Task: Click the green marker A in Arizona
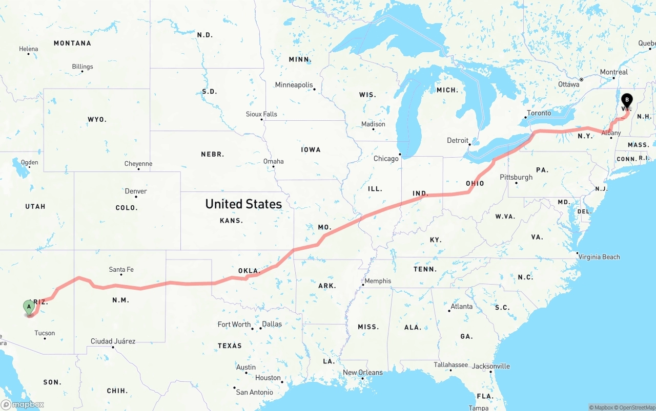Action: [x=29, y=307]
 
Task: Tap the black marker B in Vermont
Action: [x=626, y=100]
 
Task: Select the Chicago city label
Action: [x=386, y=159]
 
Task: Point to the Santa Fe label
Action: [x=121, y=270]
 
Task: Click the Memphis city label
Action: [x=378, y=281]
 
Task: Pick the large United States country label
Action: [x=243, y=204]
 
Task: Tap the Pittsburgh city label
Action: [x=516, y=177]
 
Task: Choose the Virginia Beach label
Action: [x=599, y=257]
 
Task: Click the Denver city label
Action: [x=136, y=191]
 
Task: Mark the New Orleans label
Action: [x=363, y=373]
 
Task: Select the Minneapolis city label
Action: [x=294, y=85]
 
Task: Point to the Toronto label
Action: [x=539, y=113]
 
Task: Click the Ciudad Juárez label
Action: [x=113, y=341]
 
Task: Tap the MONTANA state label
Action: [x=72, y=44]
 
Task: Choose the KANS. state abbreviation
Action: [x=231, y=221]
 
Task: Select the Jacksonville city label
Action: [x=490, y=366]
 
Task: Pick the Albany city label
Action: [x=611, y=133]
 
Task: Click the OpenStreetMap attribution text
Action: [x=636, y=407]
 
